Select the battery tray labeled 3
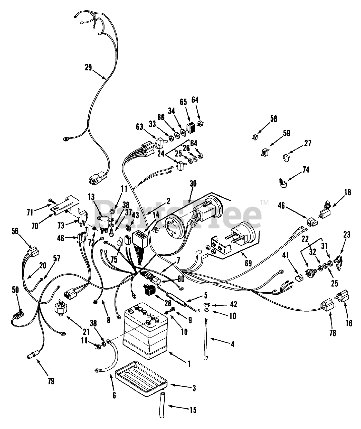coord(141,377)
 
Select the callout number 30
coord(193,184)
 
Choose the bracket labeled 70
coord(65,205)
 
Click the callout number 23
coord(347,235)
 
